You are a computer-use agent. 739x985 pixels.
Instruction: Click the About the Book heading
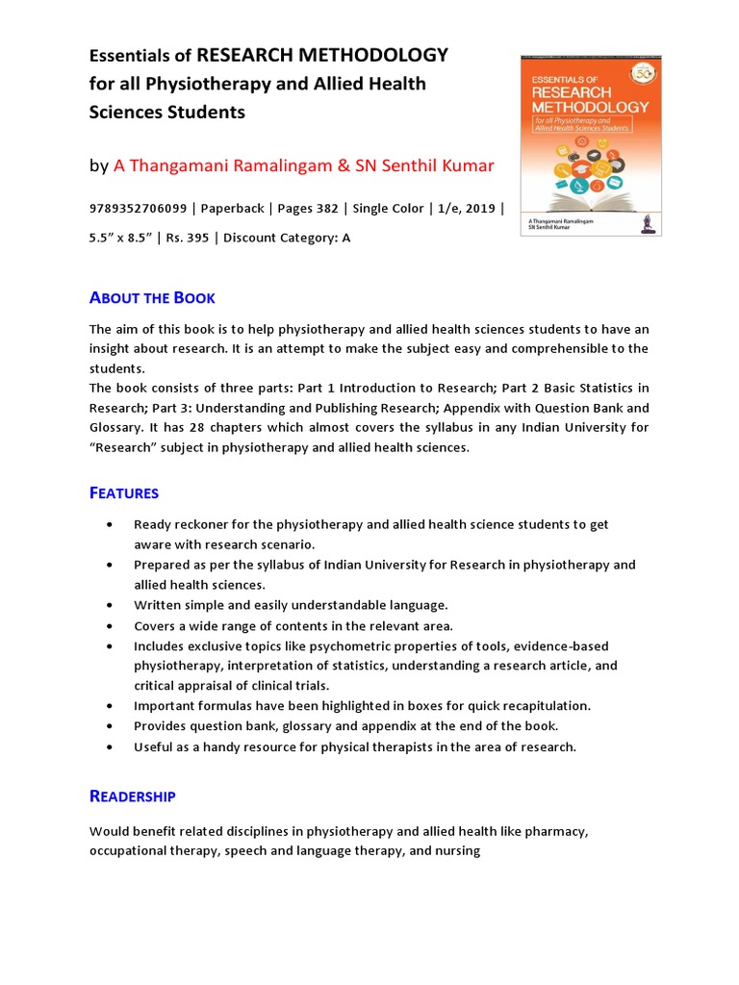coord(152,297)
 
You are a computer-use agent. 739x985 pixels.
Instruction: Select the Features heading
coord(124,492)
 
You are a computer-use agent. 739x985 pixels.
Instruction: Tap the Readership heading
coord(133,796)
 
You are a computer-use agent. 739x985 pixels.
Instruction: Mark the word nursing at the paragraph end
coord(458,851)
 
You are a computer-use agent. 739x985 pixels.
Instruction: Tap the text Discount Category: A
coord(287,238)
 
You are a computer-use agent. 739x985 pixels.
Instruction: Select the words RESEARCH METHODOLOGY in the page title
coord(322,55)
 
